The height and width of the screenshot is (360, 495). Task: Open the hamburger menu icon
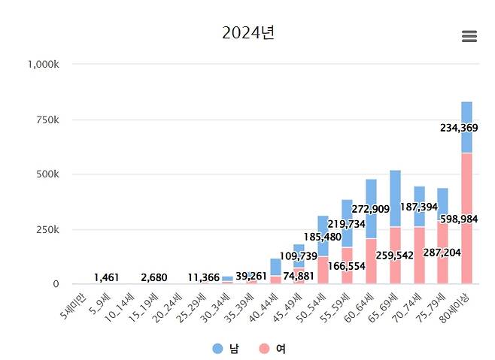click(x=469, y=37)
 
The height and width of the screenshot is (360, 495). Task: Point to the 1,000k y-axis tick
click(x=43, y=65)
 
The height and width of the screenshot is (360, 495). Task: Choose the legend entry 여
click(x=272, y=349)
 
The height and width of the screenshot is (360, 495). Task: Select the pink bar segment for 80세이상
click(x=466, y=225)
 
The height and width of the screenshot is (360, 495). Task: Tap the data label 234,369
click(x=464, y=128)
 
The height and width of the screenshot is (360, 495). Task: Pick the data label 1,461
click(x=106, y=278)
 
